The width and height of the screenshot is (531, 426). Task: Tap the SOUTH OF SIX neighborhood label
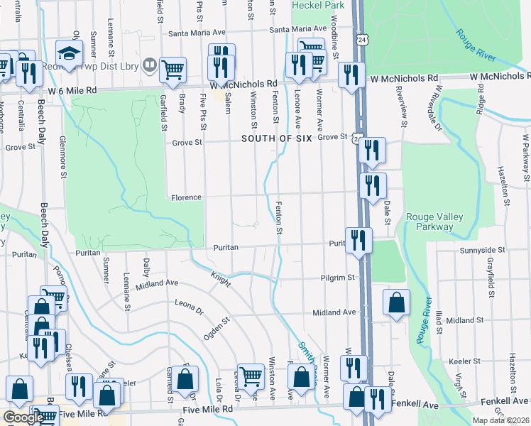coord(276,138)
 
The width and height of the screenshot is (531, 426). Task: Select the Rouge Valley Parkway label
coord(429,222)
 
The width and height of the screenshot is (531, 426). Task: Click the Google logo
coord(23,417)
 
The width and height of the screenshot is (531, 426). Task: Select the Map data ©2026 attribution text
coord(500,420)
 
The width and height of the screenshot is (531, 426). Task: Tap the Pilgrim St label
coord(336,278)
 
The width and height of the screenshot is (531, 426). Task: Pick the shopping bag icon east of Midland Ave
coord(396,302)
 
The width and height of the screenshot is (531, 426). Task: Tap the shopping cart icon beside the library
coord(173,70)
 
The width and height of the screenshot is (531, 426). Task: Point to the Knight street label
coord(220,278)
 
